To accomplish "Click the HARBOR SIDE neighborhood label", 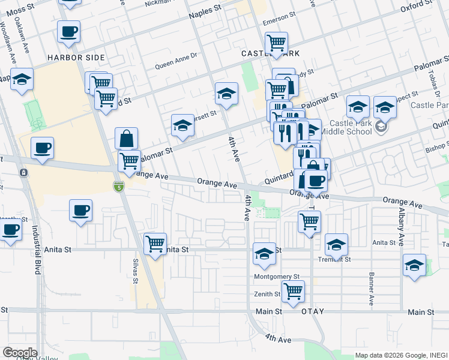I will (x=77, y=58).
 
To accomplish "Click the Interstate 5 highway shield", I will (x=119, y=187).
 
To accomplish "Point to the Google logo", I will (x=20, y=352).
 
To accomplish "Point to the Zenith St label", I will (x=269, y=294).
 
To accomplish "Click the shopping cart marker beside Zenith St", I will (x=293, y=291).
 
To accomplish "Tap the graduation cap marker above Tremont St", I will (x=337, y=244).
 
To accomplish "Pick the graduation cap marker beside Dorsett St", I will (x=182, y=125).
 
